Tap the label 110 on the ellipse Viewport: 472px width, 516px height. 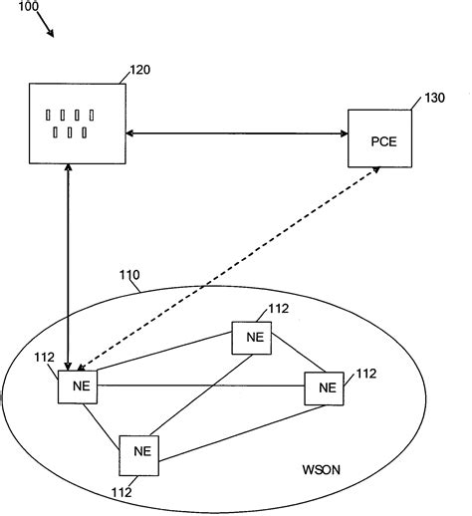point(130,275)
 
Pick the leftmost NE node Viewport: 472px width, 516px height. point(77,386)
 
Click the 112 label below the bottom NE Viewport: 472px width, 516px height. point(122,490)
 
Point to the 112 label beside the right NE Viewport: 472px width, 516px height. point(365,374)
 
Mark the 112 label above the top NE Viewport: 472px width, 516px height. point(279,309)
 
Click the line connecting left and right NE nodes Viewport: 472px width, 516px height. point(199,386)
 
